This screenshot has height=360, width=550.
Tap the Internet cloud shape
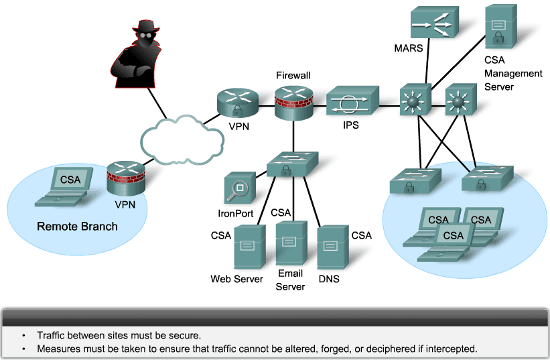(x=182, y=139)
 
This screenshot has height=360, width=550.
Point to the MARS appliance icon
(x=433, y=23)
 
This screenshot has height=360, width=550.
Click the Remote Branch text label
(x=77, y=226)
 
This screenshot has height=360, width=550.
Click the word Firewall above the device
(x=293, y=76)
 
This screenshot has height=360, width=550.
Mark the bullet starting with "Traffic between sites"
(x=118, y=335)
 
